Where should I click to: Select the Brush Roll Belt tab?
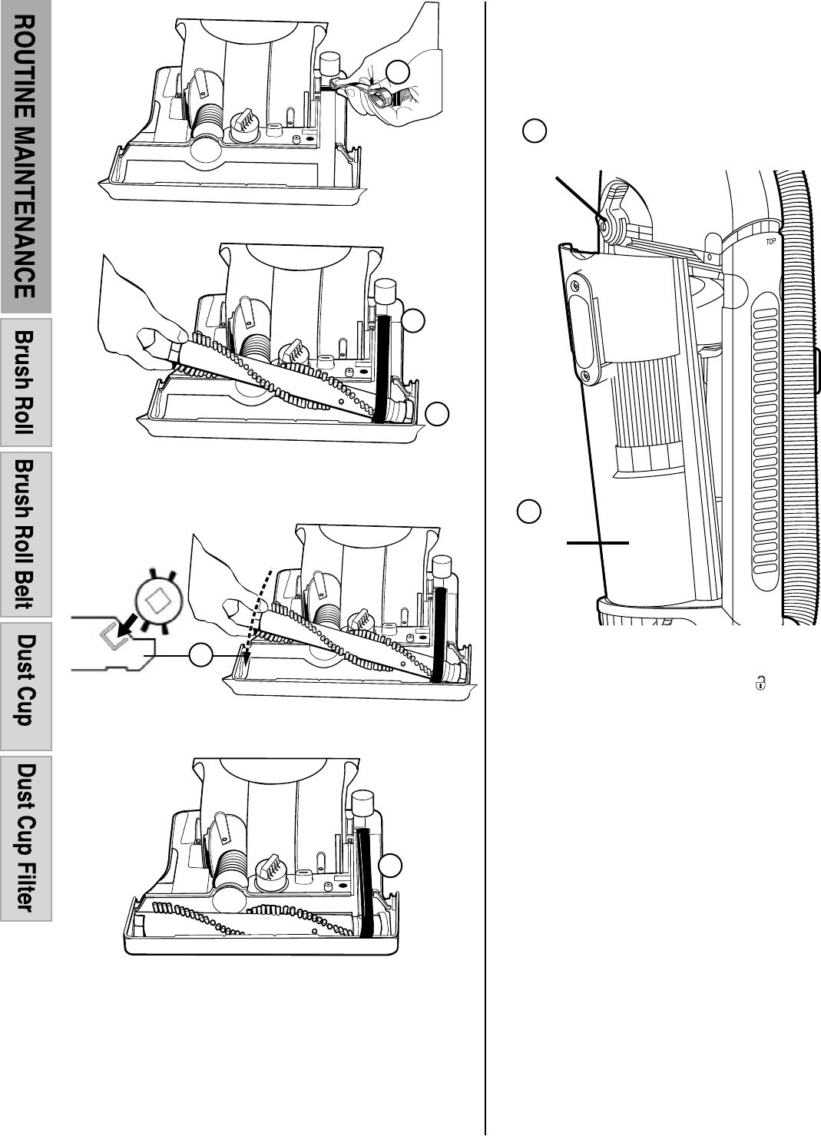click(x=25, y=534)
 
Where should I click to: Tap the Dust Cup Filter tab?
click(x=25, y=838)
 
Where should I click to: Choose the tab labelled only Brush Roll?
click(x=25, y=383)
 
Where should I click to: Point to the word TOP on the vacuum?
click(x=770, y=241)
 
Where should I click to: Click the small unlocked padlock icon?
click(x=760, y=682)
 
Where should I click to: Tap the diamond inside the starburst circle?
click(x=158, y=599)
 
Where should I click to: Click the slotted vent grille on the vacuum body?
click(x=766, y=430)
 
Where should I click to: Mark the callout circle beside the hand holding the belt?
click(x=397, y=72)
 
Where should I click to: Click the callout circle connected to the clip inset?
click(x=200, y=654)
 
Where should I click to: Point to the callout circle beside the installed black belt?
click(x=390, y=865)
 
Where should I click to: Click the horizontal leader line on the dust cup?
click(x=598, y=542)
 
